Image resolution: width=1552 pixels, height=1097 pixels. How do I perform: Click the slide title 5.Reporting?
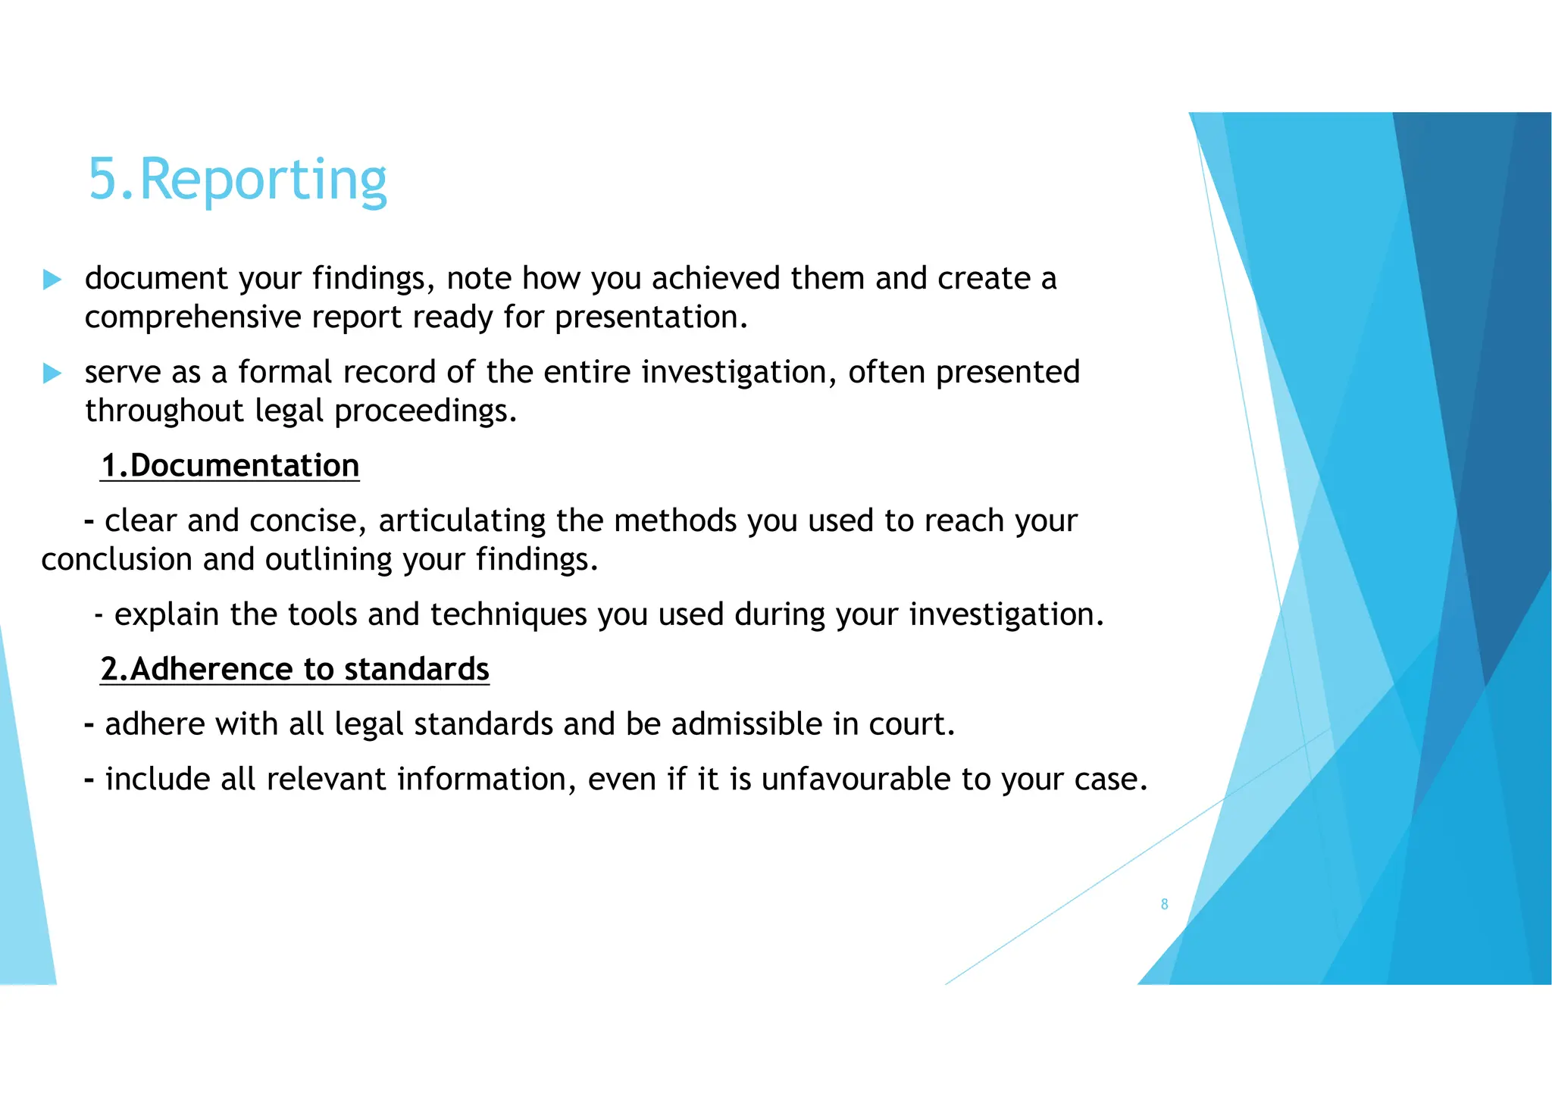click(237, 180)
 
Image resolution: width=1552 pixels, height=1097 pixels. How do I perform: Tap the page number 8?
click(1164, 904)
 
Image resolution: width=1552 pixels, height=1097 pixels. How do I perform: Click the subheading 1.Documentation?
click(230, 465)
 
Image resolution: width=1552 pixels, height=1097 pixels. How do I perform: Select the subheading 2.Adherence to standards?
click(295, 669)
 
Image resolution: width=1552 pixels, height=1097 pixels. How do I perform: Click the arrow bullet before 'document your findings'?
click(52, 280)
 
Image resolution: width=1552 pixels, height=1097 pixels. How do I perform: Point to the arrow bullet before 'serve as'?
click(52, 373)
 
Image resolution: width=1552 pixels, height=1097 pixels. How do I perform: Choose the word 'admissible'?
click(746, 724)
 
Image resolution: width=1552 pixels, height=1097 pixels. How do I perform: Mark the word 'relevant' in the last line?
click(327, 780)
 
